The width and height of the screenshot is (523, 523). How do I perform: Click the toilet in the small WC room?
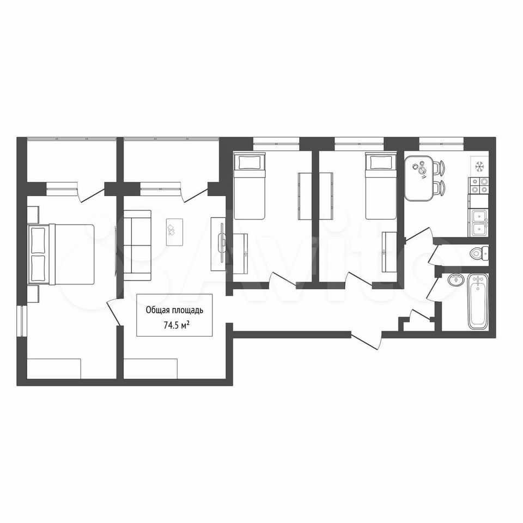(479, 254)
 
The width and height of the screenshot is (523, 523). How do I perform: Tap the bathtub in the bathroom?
(478, 302)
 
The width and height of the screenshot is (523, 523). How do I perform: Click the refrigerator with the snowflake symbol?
(479, 165)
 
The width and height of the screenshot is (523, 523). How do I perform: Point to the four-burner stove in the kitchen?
(479, 185)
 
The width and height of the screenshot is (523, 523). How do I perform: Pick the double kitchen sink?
(479, 222)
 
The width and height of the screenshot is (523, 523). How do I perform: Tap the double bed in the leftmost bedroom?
(62, 254)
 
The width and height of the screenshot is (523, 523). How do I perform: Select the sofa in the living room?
(137, 245)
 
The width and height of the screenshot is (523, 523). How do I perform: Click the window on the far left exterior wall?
(21, 320)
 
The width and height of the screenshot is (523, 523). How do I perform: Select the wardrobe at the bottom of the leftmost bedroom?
(54, 369)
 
